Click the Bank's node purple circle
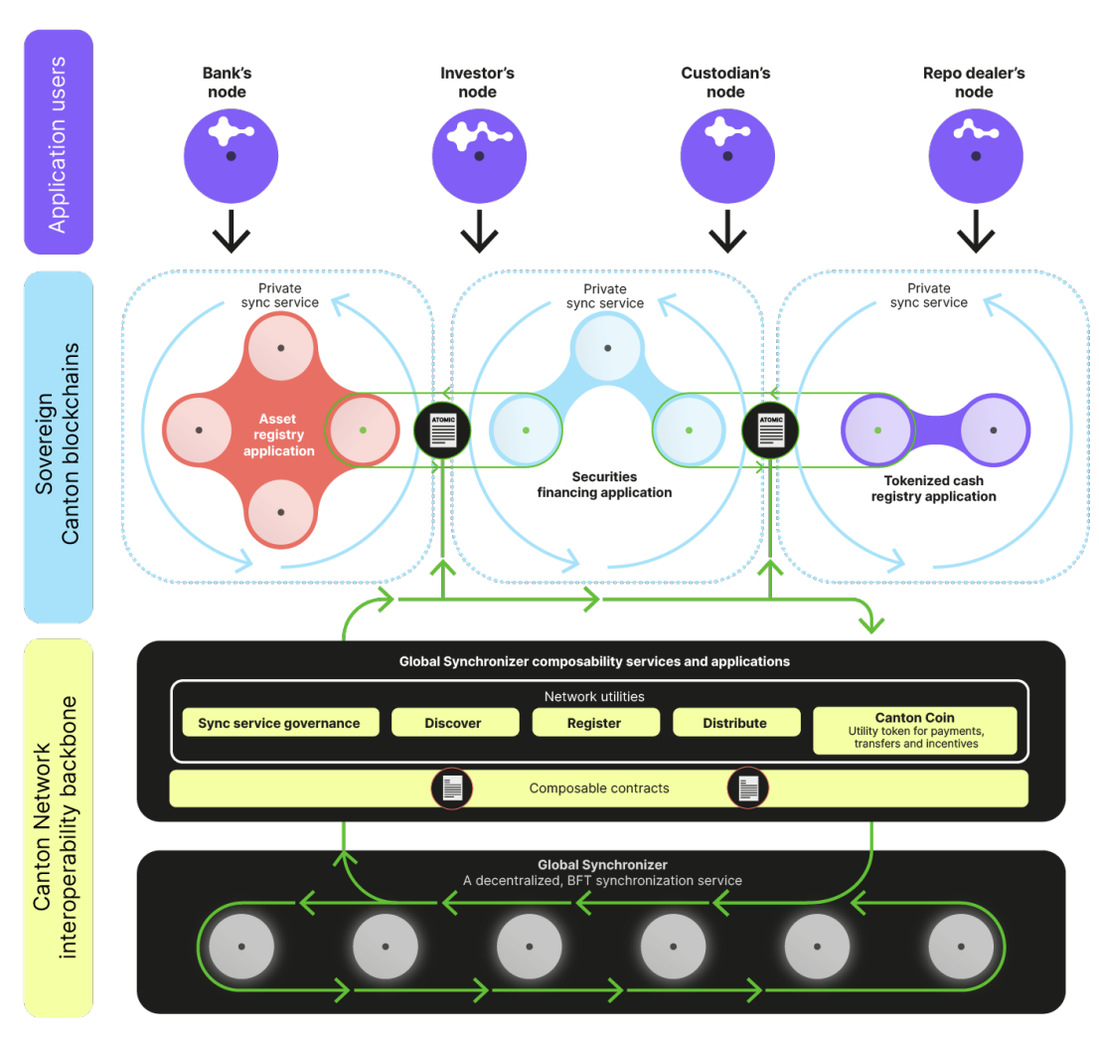point(230,155)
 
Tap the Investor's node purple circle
point(478,155)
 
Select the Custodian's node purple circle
point(726,155)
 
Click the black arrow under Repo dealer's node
point(975,230)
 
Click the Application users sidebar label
point(58,142)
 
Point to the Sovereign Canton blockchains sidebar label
point(58,447)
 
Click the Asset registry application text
point(279,436)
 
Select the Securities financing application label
point(604,484)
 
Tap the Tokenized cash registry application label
point(933,488)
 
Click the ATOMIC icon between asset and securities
point(442,431)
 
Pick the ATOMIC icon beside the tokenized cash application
point(770,431)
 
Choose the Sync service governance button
point(279,723)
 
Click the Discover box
point(454,723)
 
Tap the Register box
point(594,723)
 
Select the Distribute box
point(735,723)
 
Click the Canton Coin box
point(914,731)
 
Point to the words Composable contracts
point(598,788)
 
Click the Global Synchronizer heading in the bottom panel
point(602,865)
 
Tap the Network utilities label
point(594,696)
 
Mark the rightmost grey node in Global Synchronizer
point(961,947)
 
